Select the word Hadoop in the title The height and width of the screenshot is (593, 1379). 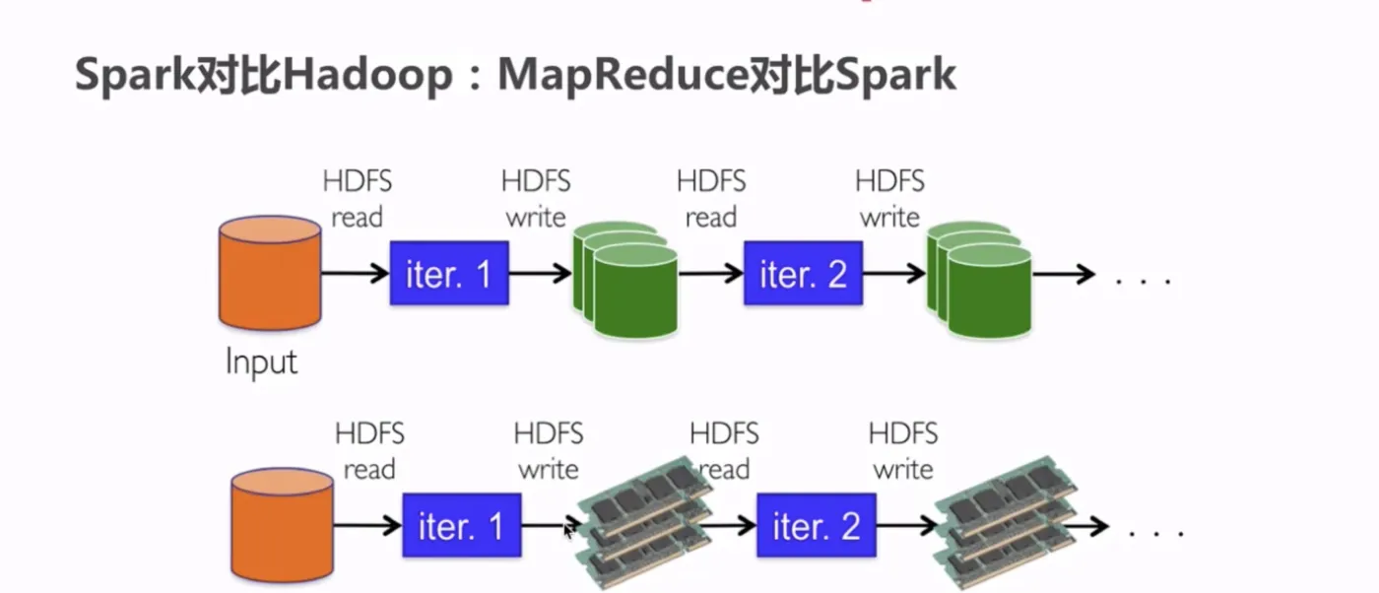pyautogui.click(x=367, y=75)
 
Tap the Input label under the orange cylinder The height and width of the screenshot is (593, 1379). pyautogui.click(x=261, y=362)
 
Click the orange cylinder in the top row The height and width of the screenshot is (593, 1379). pyautogui.click(x=270, y=273)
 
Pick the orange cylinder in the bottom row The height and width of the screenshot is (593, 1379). pyautogui.click(x=283, y=525)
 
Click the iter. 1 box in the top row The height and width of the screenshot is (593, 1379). pyautogui.click(x=449, y=273)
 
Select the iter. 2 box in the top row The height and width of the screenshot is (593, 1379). pyautogui.click(x=804, y=273)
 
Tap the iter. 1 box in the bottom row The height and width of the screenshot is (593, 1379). pyautogui.click(x=462, y=525)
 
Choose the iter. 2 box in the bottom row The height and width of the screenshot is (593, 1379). pyautogui.click(x=817, y=525)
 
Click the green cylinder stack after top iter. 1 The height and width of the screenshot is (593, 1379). pyautogui.click(x=625, y=280)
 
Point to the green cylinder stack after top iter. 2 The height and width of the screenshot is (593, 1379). pyautogui.click(x=979, y=280)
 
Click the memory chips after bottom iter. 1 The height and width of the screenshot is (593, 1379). pyautogui.click(x=644, y=522)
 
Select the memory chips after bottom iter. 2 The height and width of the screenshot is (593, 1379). pyautogui.click(x=1006, y=522)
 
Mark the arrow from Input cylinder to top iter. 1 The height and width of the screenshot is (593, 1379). pyautogui.click(x=356, y=273)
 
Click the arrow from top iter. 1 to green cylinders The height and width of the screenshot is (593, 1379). pyautogui.click(x=541, y=273)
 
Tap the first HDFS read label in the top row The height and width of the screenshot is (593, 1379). pyautogui.click(x=357, y=199)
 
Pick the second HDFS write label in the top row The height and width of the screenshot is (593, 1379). pyautogui.click(x=889, y=199)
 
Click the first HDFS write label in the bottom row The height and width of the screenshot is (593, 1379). pyautogui.click(x=549, y=451)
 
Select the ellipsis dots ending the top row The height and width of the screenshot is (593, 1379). pyautogui.click(x=1144, y=282)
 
